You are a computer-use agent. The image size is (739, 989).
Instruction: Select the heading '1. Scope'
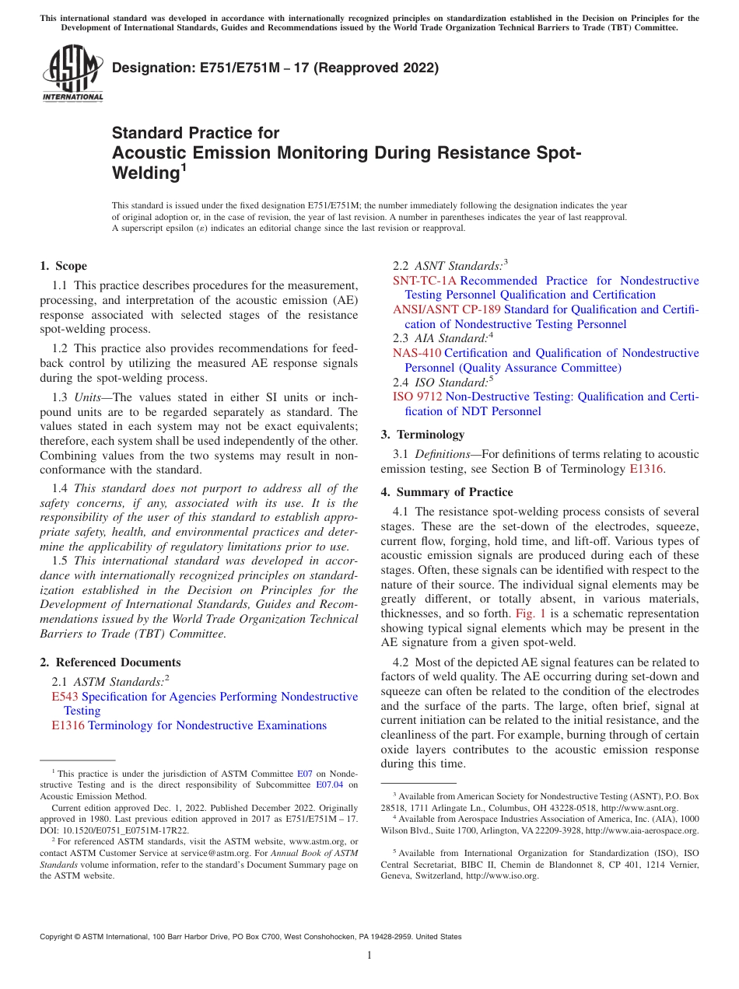63,266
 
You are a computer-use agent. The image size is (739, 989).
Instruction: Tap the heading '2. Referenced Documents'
110,662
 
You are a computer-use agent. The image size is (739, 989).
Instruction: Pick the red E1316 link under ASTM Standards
68,725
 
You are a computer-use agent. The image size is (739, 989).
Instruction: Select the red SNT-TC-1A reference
425,281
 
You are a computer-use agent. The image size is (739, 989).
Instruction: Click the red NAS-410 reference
417,353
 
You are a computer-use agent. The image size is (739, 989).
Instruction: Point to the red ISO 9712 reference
418,397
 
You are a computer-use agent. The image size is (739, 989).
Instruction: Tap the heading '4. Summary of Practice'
447,492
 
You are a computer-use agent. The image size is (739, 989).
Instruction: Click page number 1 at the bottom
369,956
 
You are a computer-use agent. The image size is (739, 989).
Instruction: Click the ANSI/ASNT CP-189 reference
447,309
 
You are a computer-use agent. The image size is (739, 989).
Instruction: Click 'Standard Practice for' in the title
195,133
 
